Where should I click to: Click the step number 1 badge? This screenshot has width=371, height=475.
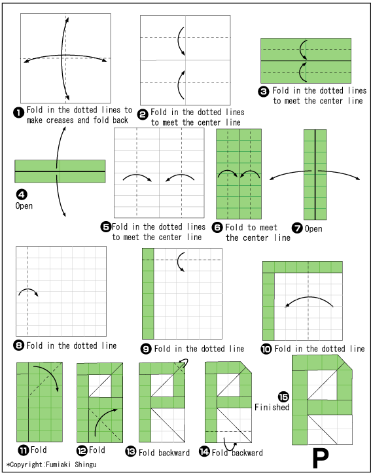click(x=18, y=113)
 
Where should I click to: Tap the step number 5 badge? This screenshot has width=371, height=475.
click(x=106, y=226)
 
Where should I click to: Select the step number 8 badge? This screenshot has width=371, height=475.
click(x=19, y=345)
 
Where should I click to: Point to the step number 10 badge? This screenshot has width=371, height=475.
click(x=266, y=349)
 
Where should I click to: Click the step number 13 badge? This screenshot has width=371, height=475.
click(x=131, y=451)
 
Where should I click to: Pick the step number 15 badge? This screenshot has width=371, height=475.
click(x=283, y=396)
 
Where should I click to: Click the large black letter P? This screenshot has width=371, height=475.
click(x=321, y=459)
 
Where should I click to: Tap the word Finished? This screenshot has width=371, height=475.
click(x=272, y=407)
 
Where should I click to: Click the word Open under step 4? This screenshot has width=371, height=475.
click(x=24, y=206)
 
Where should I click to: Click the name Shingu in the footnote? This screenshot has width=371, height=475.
click(x=86, y=465)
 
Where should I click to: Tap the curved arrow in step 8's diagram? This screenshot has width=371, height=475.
click(x=28, y=290)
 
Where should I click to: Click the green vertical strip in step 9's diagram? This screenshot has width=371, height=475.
click(x=148, y=294)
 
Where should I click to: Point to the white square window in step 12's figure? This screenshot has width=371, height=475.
click(x=100, y=386)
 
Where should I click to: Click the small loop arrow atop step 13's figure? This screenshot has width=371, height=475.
click(x=184, y=362)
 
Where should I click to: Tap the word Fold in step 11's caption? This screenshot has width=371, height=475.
click(x=39, y=450)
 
